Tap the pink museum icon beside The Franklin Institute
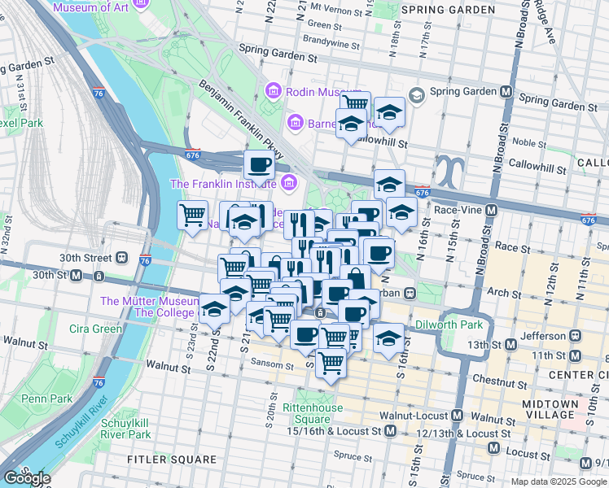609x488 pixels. (287, 184)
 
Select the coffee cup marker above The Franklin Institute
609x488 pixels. (260, 165)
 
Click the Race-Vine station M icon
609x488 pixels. (491, 210)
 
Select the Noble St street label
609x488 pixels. (529, 142)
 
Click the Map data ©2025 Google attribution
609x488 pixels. (559, 481)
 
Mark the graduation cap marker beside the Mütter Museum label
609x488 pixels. (214, 310)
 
